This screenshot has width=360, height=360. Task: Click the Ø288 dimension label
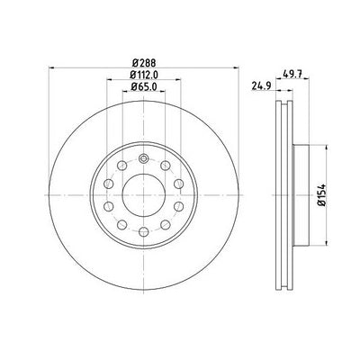pos(144,63)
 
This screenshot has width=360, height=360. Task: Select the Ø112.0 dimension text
pos(144,75)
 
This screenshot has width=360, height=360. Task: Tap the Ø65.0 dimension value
pos(144,86)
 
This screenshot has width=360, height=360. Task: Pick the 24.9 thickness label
pos(261,86)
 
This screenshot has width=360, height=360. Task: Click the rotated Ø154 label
pos(322,195)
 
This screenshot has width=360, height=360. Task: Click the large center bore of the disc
pos(144,195)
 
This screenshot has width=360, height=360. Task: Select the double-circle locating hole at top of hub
pos(144,158)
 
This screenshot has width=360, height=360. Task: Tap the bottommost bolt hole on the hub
pos(144,231)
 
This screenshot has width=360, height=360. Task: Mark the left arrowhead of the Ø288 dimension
pos(51,68)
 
